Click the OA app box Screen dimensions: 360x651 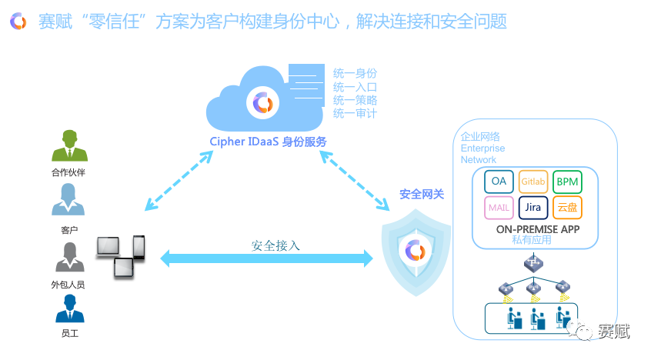click(499, 182)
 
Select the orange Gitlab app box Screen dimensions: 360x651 click(532, 182)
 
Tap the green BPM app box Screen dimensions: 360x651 click(567, 182)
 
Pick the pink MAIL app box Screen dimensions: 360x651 click(499, 208)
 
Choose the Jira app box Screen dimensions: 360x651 click(532, 208)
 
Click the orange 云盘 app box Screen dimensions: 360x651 click(567, 208)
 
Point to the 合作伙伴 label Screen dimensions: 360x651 click(68, 172)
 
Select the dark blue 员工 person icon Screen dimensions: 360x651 click(68, 306)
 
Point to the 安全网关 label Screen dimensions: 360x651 click(422, 195)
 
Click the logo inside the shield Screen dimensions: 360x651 click(416, 250)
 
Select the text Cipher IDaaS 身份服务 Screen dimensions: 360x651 click(268, 142)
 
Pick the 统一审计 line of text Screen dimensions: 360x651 click(355, 114)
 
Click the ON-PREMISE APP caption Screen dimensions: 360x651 click(538, 229)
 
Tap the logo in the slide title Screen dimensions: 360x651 click(18, 21)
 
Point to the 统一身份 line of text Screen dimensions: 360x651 click(355, 73)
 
